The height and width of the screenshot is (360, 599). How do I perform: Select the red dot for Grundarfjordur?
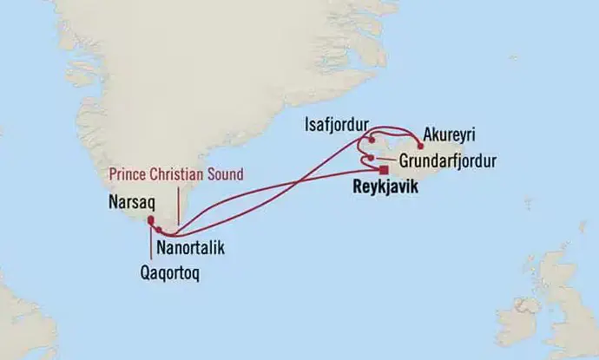coord(371,158)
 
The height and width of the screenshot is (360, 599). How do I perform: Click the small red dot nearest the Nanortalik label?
coord(160,230)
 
